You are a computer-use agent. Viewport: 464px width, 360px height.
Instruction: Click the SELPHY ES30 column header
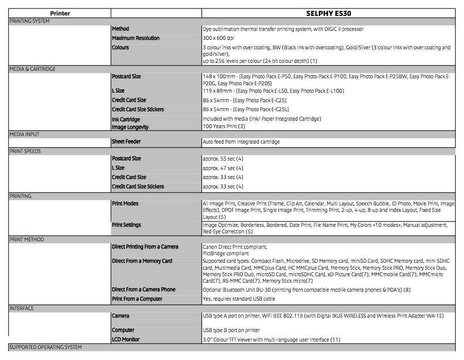[329, 13]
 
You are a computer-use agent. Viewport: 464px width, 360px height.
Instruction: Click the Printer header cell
[60, 13]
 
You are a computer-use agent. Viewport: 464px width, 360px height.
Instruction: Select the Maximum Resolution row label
[136, 38]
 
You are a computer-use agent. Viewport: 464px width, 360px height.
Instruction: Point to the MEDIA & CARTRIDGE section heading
[32, 69]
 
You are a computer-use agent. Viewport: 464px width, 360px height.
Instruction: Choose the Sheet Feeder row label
[126, 142]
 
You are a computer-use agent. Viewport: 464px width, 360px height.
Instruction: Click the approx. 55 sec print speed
[223, 159]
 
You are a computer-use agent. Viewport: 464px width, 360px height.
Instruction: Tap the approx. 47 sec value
[223, 168]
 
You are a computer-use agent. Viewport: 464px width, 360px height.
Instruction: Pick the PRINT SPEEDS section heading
[25, 151]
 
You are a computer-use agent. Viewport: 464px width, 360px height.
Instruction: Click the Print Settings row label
[126, 225]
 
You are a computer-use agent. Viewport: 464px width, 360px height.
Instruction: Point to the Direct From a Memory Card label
[142, 261]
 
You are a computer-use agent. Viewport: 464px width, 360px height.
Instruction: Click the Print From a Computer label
[137, 299]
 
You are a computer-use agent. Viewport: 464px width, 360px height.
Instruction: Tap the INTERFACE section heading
[22, 308]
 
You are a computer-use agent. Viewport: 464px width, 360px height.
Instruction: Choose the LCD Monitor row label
[126, 340]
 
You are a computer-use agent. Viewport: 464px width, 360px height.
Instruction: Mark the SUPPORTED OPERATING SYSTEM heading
[45, 347]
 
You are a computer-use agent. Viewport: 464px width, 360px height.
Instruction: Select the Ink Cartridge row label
[126, 120]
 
